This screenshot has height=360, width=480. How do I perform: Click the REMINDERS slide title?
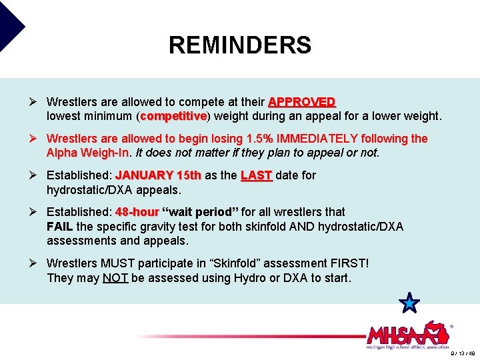tap(239, 45)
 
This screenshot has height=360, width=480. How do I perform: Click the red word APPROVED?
tap(302, 102)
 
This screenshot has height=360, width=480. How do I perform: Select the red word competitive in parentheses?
tap(174, 116)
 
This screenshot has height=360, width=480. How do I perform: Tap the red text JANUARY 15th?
tap(159, 175)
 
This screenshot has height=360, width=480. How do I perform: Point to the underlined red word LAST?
tap(257, 175)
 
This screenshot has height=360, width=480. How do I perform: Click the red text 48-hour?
tap(137, 212)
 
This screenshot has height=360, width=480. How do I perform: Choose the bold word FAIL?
tap(60, 227)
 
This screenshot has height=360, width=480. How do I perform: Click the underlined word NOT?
tap(115, 278)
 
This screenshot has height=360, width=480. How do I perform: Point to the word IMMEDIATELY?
tap(335, 139)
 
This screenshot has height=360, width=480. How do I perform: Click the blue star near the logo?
tap(409, 303)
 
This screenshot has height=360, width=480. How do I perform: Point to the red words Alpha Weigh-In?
tap(88, 153)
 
